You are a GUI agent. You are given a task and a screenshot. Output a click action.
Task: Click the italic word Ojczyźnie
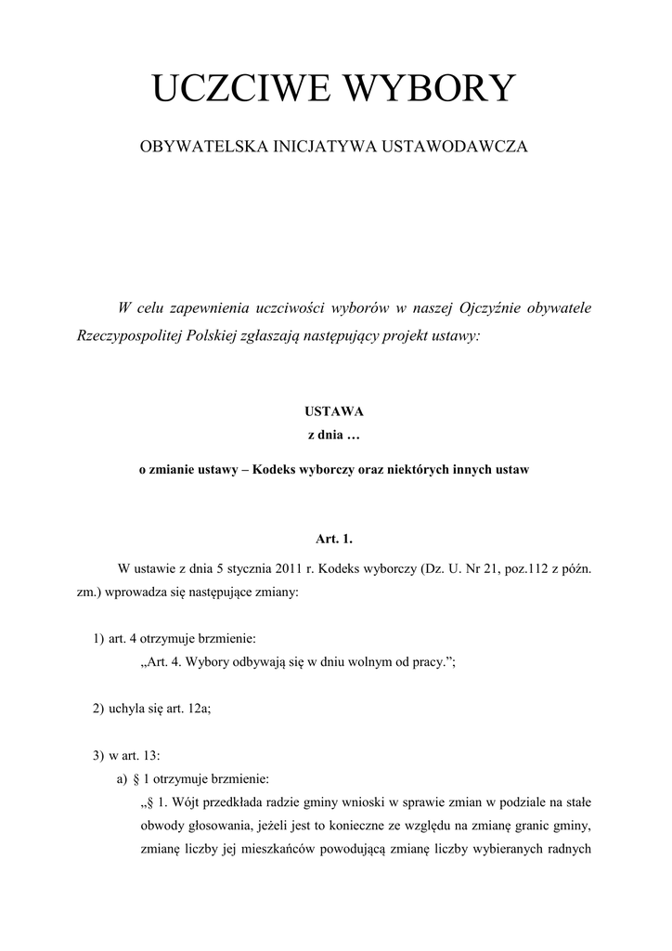(x=492, y=307)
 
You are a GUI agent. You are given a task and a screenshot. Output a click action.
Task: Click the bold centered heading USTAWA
(x=335, y=410)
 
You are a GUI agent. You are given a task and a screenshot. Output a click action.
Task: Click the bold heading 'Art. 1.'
(x=335, y=538)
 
